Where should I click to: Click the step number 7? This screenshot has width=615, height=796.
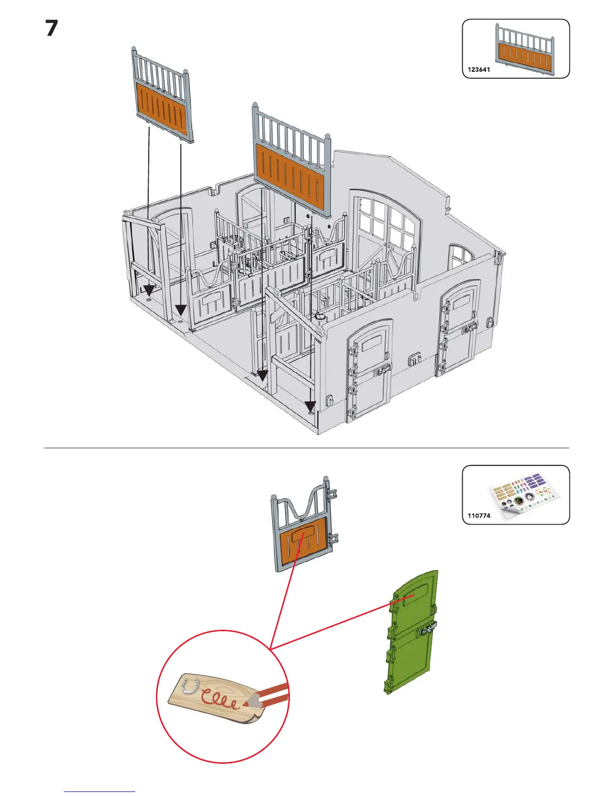[52, 29]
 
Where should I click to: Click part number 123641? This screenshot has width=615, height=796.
[478, 70]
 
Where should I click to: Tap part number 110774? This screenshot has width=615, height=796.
[478, 516]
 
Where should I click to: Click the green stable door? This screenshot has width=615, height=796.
[413, 633]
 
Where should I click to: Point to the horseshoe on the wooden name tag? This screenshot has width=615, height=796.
[190, 685]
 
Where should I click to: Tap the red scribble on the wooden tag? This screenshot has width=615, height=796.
[219, 699]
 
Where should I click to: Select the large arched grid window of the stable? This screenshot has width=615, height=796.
[386, 226]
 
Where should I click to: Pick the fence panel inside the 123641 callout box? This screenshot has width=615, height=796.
[525, 50]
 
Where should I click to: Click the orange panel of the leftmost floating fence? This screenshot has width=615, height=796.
[162, 107]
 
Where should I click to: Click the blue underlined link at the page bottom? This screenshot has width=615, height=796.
[99, 791]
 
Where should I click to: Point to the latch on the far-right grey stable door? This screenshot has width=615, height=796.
[469, 329]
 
